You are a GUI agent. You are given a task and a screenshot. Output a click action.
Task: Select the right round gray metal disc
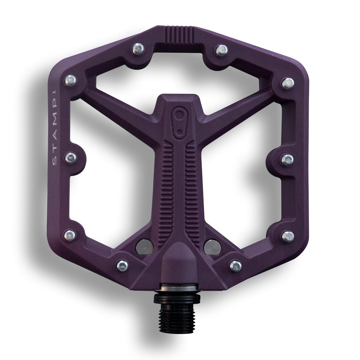[x=212, y=247]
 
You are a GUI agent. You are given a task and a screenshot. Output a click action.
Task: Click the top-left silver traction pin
[x=139, y=49]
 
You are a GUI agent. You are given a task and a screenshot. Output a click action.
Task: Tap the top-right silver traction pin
[x=222, y=50]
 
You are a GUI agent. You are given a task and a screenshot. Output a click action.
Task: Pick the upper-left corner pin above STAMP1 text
[x=70, y=81]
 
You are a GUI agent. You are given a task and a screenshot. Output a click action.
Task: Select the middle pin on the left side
[x=71, y=157]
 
